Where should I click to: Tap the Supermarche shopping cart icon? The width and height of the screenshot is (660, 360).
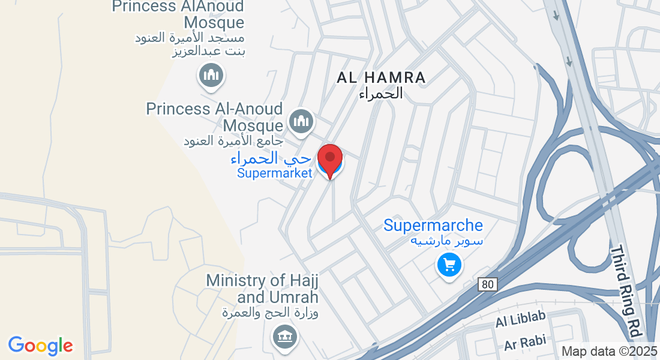click(449, 263)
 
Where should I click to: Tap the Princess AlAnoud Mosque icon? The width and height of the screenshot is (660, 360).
click(211, 75)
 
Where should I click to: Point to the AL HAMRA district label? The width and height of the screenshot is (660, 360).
click(381, 77)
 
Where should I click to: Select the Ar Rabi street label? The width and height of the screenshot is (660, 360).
click(525, 343)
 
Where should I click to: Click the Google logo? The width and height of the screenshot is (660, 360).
click(41, 346)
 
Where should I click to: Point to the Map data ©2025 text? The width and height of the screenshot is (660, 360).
click(608, 351)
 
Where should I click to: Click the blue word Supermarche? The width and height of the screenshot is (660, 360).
click(433, 226)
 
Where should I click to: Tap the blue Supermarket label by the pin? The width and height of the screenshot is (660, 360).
click(275, 173)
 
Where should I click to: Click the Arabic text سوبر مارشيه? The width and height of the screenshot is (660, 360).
click(446, 241)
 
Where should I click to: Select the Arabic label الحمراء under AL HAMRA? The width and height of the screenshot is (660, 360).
click(380, 94)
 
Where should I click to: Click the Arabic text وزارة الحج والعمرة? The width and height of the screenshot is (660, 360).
click(270, 313)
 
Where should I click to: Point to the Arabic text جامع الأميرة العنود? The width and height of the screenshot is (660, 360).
click(233, 142)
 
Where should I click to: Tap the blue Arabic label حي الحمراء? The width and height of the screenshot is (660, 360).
click(271, 159)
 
